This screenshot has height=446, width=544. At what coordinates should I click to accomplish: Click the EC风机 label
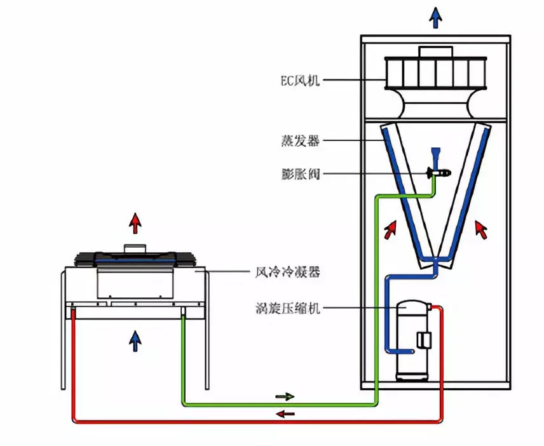pos(300,81)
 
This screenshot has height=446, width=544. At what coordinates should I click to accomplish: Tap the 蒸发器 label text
pos(300,141)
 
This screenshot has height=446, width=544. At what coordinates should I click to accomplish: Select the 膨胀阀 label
pos(300,173)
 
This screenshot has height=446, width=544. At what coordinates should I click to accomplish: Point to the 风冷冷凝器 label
pos(288,273)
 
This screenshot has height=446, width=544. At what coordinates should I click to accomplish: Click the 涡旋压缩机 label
pos(288,308)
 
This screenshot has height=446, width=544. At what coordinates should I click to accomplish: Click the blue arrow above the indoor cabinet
pos(435,18)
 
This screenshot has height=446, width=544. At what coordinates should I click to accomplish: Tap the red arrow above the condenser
pos(135,224)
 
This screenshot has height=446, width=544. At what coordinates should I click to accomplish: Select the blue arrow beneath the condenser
pos(135,341)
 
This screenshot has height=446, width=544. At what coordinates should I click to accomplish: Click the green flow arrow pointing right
pos(285,396)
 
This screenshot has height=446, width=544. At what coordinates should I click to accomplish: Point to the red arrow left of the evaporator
pos(390,229)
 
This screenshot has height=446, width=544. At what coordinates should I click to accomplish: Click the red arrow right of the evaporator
pos(481,229)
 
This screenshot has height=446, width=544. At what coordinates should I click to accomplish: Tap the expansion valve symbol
pos(439,172)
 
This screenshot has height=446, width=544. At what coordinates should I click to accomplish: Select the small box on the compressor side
pos(424,340)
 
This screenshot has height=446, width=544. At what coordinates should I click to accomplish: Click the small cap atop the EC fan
pos(436,52)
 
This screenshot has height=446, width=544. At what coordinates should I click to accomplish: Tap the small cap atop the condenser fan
pos(135,248)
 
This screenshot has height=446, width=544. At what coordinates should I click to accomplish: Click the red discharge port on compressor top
pos(429,306)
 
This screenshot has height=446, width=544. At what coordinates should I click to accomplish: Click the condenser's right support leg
pos(207,330)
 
